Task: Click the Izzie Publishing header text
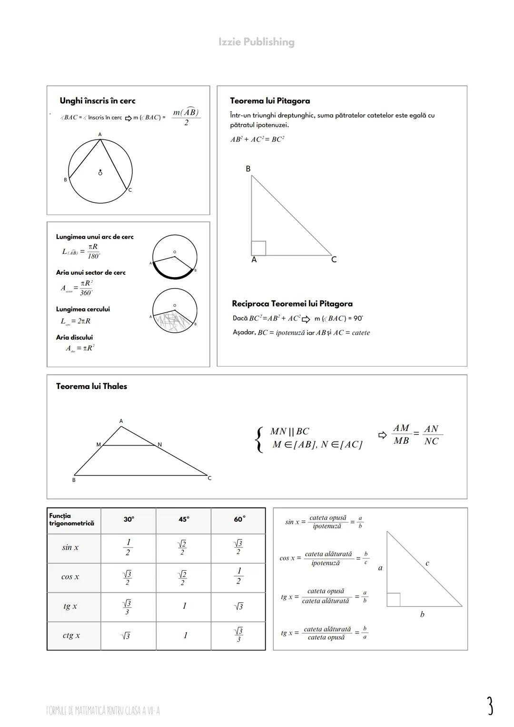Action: [257, 42]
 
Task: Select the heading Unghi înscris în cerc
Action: [97, 101]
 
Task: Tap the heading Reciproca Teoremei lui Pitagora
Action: [292, 304]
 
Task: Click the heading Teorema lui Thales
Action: [91, 386]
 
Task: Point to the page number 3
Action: [490, 706]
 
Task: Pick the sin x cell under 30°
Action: [128, 548]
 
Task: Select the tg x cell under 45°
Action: [184, 606]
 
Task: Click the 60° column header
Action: [239, 519]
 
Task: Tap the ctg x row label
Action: [71, 636]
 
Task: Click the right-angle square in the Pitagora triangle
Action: [258, 248]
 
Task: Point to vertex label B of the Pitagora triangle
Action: [248, 169]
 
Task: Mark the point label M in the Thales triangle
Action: [99, 445]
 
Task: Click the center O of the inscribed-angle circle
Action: [100, 173]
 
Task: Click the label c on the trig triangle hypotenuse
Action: [427, 563]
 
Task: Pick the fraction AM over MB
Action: [401, 435]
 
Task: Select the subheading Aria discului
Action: [74, 338]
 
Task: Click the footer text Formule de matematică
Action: [103, 711]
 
